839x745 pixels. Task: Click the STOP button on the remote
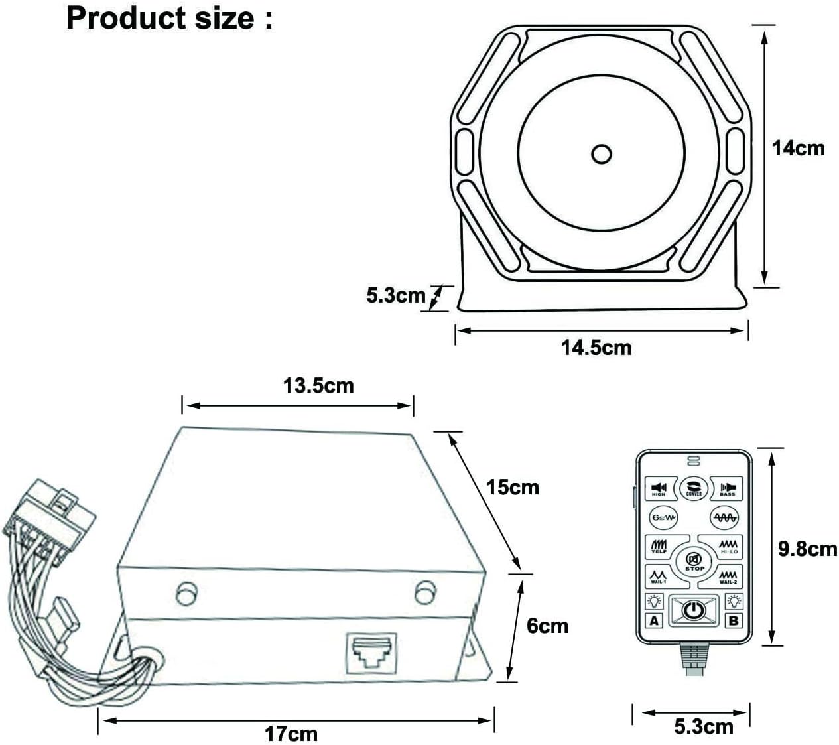click(694, 561)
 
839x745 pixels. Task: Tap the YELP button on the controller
click(659, 547)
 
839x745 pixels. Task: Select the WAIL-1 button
click(658, 576)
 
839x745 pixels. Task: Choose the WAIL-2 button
click(728, 576)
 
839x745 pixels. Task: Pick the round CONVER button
click(694, 488)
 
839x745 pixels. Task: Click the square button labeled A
click(655, 620)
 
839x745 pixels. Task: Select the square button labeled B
click(734, 620)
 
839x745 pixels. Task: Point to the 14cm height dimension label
click(799, 148)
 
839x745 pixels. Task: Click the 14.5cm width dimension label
click(596, 347)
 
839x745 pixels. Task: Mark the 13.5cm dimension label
click(318, 385)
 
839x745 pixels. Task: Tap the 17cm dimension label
click(291, 734)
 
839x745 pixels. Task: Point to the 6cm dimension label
click(547, 625)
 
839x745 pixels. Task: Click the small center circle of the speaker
click(602, 154)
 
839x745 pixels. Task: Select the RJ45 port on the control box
click(371, 653)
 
